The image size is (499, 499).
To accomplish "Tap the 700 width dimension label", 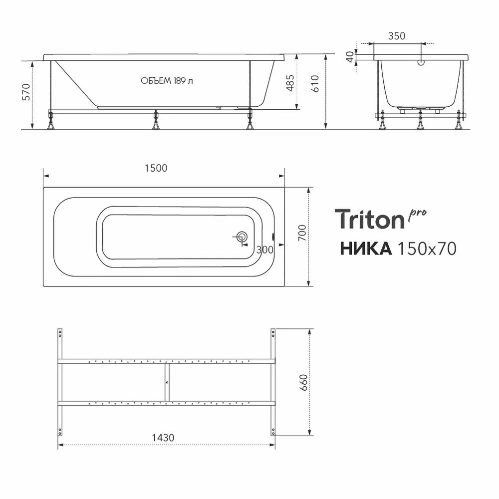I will [x=301, y=233].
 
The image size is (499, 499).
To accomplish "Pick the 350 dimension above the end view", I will [x=397, y=36].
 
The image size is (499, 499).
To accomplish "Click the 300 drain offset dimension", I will [x=265, y=249].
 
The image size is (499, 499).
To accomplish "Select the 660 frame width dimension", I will [x=304, y=382].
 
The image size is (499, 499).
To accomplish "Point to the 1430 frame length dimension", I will [x=163, y=438].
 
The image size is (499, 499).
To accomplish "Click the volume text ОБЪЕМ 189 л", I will [x=167, y=81].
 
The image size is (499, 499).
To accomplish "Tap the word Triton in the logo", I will [x=369, y=220].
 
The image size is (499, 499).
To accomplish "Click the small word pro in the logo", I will [x=418, y=213].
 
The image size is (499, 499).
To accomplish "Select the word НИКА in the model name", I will [x=366, y=248].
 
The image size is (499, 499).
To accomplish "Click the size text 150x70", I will [x=426, y=248].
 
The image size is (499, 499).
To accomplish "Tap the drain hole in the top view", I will [x=243, y=238].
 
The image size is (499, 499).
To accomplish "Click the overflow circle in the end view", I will [x=421, y=63].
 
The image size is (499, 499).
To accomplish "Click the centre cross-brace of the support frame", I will [x=167, y=382].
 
